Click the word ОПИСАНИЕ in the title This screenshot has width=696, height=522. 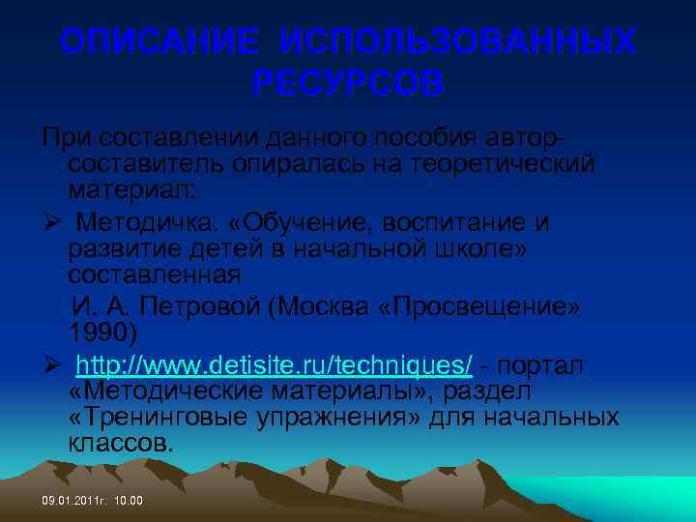coord(159,43)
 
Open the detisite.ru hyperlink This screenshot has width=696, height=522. coord(275,366)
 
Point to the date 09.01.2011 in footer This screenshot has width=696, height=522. coord(72,501)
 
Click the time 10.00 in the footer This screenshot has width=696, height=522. coord(128,501)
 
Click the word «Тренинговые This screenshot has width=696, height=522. coord(154,418)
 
